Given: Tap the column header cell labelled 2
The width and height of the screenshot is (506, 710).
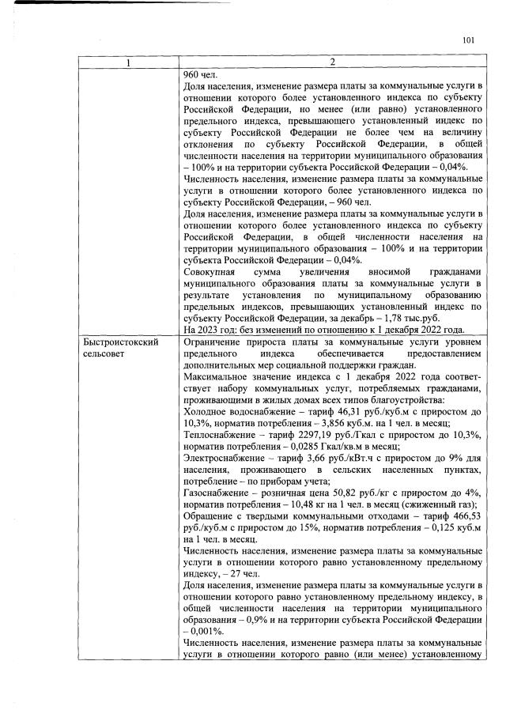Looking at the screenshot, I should (332, 62).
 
